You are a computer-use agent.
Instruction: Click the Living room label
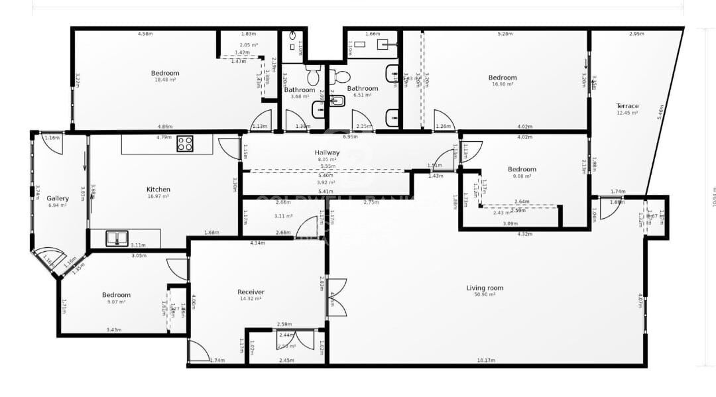[485, 288]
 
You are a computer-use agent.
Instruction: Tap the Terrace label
[627, 106]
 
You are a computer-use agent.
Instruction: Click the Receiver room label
[251, 292]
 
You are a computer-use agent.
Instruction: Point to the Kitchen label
[158, 190]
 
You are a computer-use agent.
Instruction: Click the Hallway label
[327, 152]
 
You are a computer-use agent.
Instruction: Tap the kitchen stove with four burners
[185, 143]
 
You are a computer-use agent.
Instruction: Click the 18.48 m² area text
[165, 80]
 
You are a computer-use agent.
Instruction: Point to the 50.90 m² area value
[485, 294]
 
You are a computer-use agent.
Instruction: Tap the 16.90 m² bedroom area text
[502, 84]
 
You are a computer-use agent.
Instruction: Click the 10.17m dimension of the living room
[485, 360]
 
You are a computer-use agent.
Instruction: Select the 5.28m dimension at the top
[504, 33]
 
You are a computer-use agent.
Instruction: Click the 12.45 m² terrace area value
[627, 113]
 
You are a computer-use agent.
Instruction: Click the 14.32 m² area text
[251, 298]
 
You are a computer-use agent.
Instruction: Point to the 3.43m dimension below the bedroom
[115, 329]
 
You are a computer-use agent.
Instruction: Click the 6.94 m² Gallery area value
[58, 205]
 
